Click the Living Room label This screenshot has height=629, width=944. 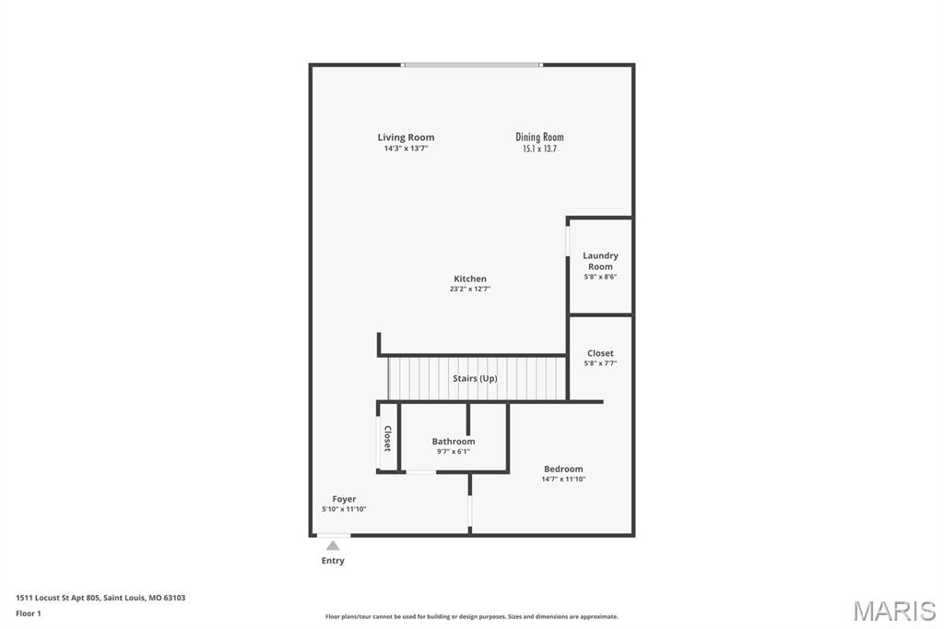coord(406,137)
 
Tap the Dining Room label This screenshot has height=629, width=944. coord(539,137)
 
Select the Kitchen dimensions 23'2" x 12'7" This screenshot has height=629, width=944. coord(470,290)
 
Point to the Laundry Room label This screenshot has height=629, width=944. coord(600,261)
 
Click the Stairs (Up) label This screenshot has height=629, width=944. coord(475,379)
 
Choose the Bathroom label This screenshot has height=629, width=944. coord(454,442)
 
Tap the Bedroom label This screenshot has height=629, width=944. coord(563,469)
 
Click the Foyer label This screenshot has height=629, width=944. coord(344,499)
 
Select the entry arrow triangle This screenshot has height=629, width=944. coord(333,546)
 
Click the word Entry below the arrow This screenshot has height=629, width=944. coord(333,561)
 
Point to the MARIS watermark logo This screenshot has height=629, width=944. coord(894,611)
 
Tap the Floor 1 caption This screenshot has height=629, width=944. coord(29,613)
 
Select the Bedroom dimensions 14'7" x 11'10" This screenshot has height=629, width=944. coord(563,480)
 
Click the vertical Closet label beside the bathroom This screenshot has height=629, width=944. coord(387,438)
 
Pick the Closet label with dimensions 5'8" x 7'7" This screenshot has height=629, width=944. coord(600,353)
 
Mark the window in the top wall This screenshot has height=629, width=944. coord(471,65)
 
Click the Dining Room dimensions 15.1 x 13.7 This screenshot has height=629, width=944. coord(539,148)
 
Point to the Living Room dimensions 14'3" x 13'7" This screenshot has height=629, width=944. coord(406,148)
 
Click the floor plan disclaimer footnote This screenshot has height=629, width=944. coord(471,617)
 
